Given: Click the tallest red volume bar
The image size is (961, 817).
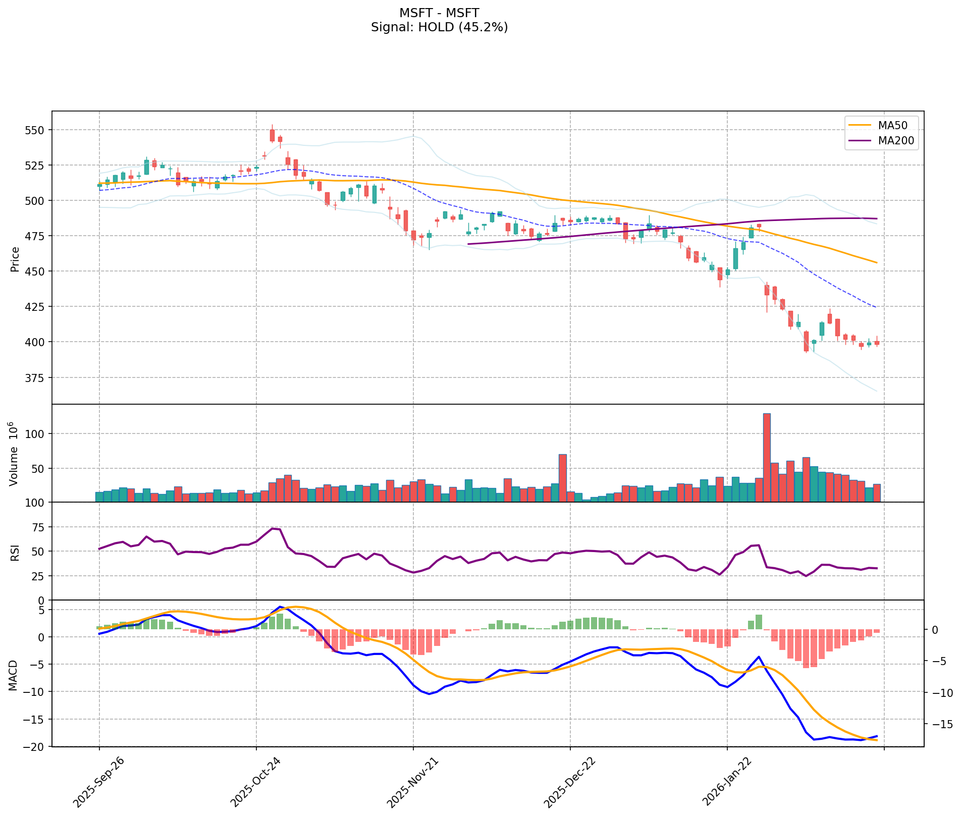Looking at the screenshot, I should click(x=767, y=457).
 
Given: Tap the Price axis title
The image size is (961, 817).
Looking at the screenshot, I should click(x=15, y=259).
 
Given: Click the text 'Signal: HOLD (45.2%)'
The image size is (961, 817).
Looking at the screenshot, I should click(x=439, y=27).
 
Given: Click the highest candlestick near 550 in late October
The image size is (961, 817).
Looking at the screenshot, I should click(x=272, y=135).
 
